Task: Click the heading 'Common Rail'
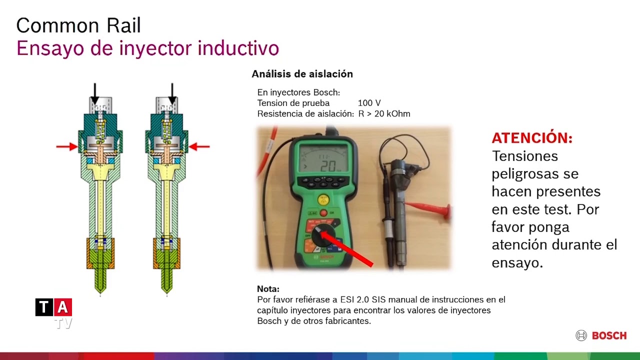tap(78, 25)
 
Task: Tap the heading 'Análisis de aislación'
tap(302, 74)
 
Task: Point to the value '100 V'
tap(369, 103)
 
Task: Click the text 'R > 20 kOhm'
tap(384, 114)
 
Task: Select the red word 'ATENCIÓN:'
tap(531, 138)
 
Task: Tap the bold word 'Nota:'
tap(268, 289)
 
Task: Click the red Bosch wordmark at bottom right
tap(609, 336)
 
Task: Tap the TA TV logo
tap(54, 311)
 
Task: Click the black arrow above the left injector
tap(95, 94)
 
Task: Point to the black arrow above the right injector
tap(172, 94)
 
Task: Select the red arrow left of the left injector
tap(66, 146)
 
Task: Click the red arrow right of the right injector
tap(199, 146)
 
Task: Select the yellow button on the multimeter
tap(324, 199)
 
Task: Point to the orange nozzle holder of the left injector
tap(100, 253)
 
